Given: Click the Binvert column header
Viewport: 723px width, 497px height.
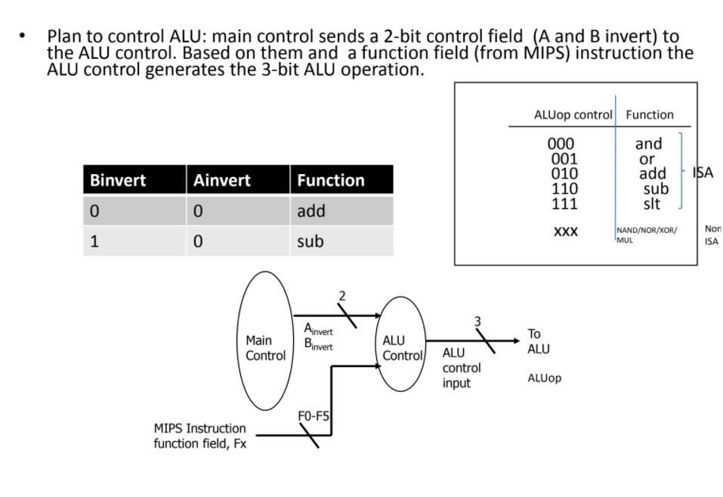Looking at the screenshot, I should click(118, 181).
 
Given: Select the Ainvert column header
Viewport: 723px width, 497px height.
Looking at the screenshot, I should click(221, 181).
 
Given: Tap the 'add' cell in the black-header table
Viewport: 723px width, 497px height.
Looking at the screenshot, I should click(311, 211).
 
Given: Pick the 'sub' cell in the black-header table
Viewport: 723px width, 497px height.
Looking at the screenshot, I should click(310, 241).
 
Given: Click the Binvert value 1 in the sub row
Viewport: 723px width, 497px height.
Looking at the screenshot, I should click(94, 241).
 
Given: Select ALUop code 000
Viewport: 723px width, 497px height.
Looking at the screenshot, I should click(561, 144).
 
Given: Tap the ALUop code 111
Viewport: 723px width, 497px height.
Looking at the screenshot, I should click(561, 203).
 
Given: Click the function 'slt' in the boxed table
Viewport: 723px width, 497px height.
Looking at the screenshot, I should click(651, 203).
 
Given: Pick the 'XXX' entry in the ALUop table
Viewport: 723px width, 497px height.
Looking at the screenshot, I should click(565, 231).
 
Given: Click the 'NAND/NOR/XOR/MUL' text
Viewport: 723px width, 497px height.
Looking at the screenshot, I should click(647, 235).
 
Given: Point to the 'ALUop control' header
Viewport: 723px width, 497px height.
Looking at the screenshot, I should click(573, 115).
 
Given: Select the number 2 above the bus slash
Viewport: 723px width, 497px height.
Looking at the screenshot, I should click(342, 296).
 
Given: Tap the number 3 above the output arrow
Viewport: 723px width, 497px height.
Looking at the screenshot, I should click(477, 321).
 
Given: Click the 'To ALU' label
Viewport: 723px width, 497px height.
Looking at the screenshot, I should click(538, 341).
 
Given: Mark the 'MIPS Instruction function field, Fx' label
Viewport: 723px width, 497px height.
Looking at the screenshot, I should click(200, 436).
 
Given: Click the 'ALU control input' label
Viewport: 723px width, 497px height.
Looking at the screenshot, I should click(461, 368).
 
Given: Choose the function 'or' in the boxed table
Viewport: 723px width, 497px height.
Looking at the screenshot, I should click(647, 159).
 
